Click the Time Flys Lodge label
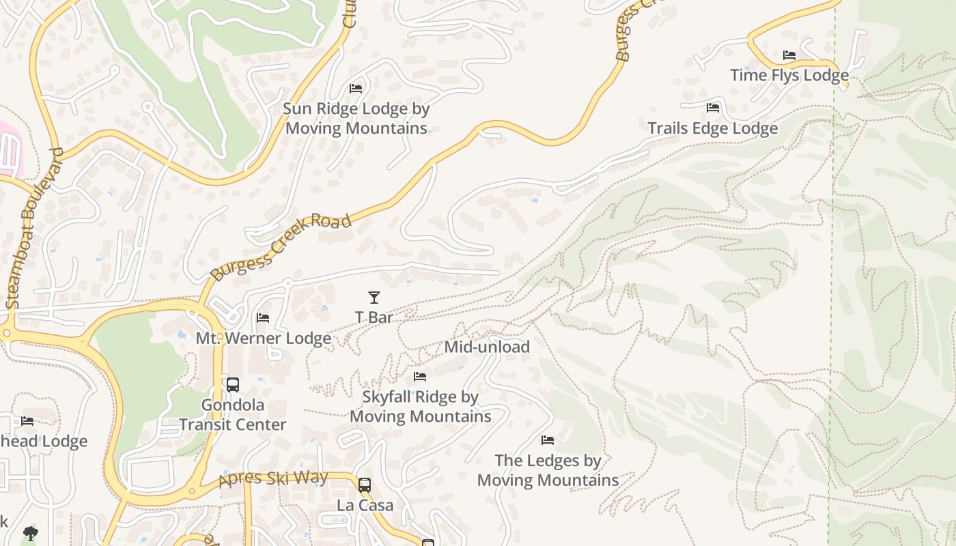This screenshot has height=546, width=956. coord(789,75)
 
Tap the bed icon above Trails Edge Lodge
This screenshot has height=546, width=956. coord(713,108)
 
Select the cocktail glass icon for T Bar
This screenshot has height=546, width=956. coord(374,297)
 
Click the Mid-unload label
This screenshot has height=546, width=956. coord(487,347)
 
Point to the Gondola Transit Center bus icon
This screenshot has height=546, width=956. coord(233,385)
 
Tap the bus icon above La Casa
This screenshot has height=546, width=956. coord(365,485)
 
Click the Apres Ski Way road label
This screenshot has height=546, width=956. coord(273,478)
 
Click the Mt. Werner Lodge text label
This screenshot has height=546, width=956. coord(263,339)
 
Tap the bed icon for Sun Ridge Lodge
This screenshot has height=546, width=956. coord(356,89)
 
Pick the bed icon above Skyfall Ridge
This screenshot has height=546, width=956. coord(420,377)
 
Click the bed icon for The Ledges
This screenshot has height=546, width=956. coord(548,440)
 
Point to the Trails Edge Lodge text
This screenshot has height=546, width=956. coord(712,128)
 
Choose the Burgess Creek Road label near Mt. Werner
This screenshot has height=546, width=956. coord(281,247)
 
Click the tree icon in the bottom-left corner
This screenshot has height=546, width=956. coord(30,533)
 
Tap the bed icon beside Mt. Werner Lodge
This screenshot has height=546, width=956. coord(263,318)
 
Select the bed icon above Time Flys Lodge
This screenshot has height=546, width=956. coord(789,55)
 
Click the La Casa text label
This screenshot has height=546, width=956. coord(365,506)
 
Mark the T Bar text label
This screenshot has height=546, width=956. coord(374,317)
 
